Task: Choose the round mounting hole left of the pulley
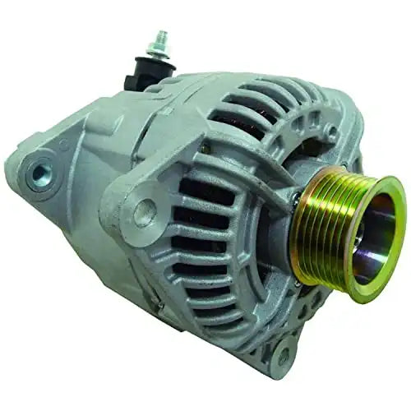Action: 145,211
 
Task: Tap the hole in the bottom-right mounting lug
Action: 283,357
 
